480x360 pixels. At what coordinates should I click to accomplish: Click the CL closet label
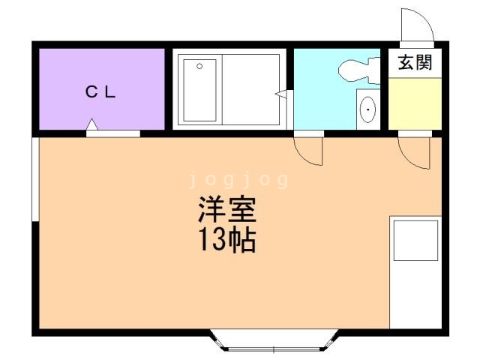(x=100, y=92)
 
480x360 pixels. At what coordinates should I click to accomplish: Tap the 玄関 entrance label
(x=414, y=63)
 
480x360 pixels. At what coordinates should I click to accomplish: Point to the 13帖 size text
(x=227, y=241)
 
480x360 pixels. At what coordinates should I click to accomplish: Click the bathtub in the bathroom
(x=199, y=91)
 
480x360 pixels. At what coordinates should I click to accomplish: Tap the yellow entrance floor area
(x=413, y=103)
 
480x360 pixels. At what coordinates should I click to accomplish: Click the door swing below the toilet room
(x=308, y=149)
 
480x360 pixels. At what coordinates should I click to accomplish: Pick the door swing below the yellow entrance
(x=414, y=151)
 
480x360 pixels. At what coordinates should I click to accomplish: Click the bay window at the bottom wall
(x=274, y=343)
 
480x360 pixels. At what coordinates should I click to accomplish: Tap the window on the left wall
(x=34, y=180)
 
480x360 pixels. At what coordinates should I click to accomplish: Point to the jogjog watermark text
(x=238, y=180)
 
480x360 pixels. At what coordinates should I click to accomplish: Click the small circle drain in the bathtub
(x=200, y=67)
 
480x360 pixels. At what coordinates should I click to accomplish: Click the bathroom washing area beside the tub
(x=252, y=91)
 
